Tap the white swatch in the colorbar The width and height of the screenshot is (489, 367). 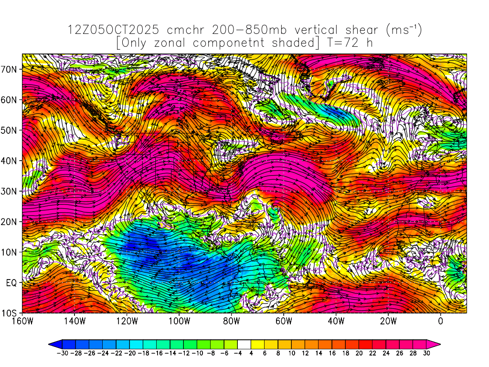(x=244, y=344)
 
